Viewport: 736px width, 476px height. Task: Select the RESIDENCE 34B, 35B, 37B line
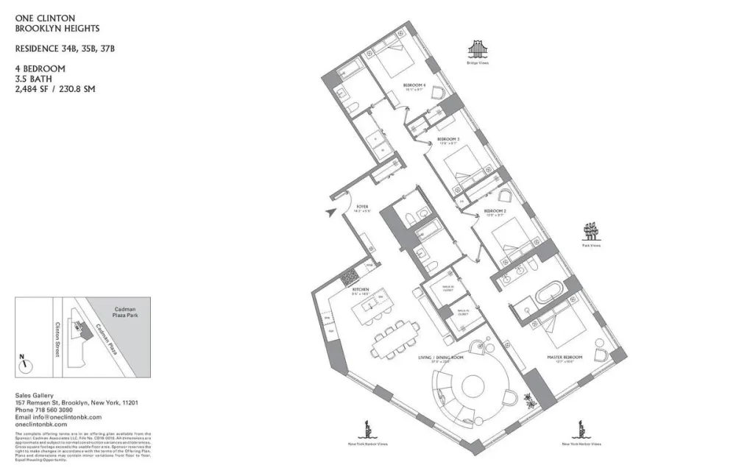(65, 49)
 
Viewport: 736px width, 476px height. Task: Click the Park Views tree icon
(592, 232)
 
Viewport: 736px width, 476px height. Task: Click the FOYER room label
(362, 208)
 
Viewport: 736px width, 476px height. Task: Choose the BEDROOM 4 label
(414, 86)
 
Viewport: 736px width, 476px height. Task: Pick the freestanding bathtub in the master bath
(548, 296)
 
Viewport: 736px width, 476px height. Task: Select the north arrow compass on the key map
(24, 362)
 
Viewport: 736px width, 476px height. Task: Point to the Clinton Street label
(55, 338)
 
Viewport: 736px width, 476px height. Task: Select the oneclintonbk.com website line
(40, 425)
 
